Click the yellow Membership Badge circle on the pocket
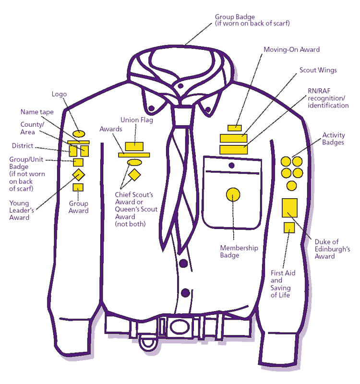233,194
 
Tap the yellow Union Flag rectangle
134,146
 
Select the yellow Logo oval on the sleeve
79,133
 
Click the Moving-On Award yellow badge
235,128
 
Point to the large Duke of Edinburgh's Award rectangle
290,207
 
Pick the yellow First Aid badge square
289,228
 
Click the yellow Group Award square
78,188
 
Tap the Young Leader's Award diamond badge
78,174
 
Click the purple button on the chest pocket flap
232,166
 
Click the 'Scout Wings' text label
318,70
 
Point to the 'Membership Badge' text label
239,252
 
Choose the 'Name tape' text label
37,112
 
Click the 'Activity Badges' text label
333,139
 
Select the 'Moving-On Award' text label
291,49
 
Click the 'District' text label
22,146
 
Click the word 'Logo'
59,95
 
